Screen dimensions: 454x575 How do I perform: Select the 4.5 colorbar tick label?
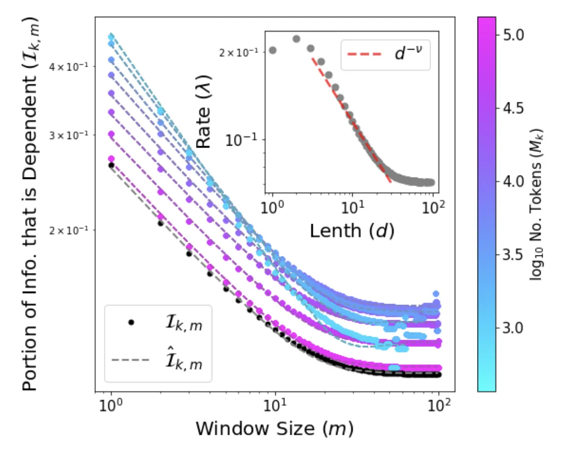(x=512, y=108)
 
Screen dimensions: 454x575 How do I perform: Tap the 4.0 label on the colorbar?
(x=512, y=181)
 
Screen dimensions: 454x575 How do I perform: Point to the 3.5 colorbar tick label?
(x=512, y=254)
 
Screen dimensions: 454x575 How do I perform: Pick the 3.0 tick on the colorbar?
(x=512, y=328)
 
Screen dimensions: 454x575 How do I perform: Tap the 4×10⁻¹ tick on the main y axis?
(x=72, y=67)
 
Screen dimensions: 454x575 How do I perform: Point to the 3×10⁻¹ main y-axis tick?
(x=72, y=135)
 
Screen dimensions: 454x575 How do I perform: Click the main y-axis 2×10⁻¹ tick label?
(x=72, y=230)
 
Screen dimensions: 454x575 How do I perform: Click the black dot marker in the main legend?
(x=130, y=323)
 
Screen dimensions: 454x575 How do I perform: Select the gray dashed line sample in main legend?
(x=130, y=361)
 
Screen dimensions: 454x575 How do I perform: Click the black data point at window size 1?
(x=111, y=165)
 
